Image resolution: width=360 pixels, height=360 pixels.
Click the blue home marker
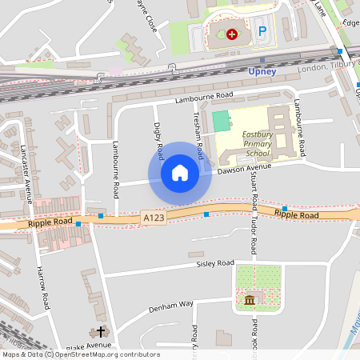pyautogui.click(x=180, y=173)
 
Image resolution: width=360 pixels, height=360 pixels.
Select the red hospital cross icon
pyautogui.click(x=232, y=34)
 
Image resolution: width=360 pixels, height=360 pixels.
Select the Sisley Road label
pyautogui.click(x=214, y=263)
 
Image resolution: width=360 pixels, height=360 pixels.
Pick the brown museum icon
pyautogui.click(x=250, y=301)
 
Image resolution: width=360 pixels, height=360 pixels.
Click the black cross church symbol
pyautogui.click(x=101, y=330)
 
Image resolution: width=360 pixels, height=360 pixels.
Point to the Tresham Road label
pyautogui.click(x=199, y=134)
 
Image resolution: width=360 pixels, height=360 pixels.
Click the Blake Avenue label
pyautogui.click(x=90, y=346)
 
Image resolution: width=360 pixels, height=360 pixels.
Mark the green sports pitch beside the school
pyautogui.click(x=220, y=122)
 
